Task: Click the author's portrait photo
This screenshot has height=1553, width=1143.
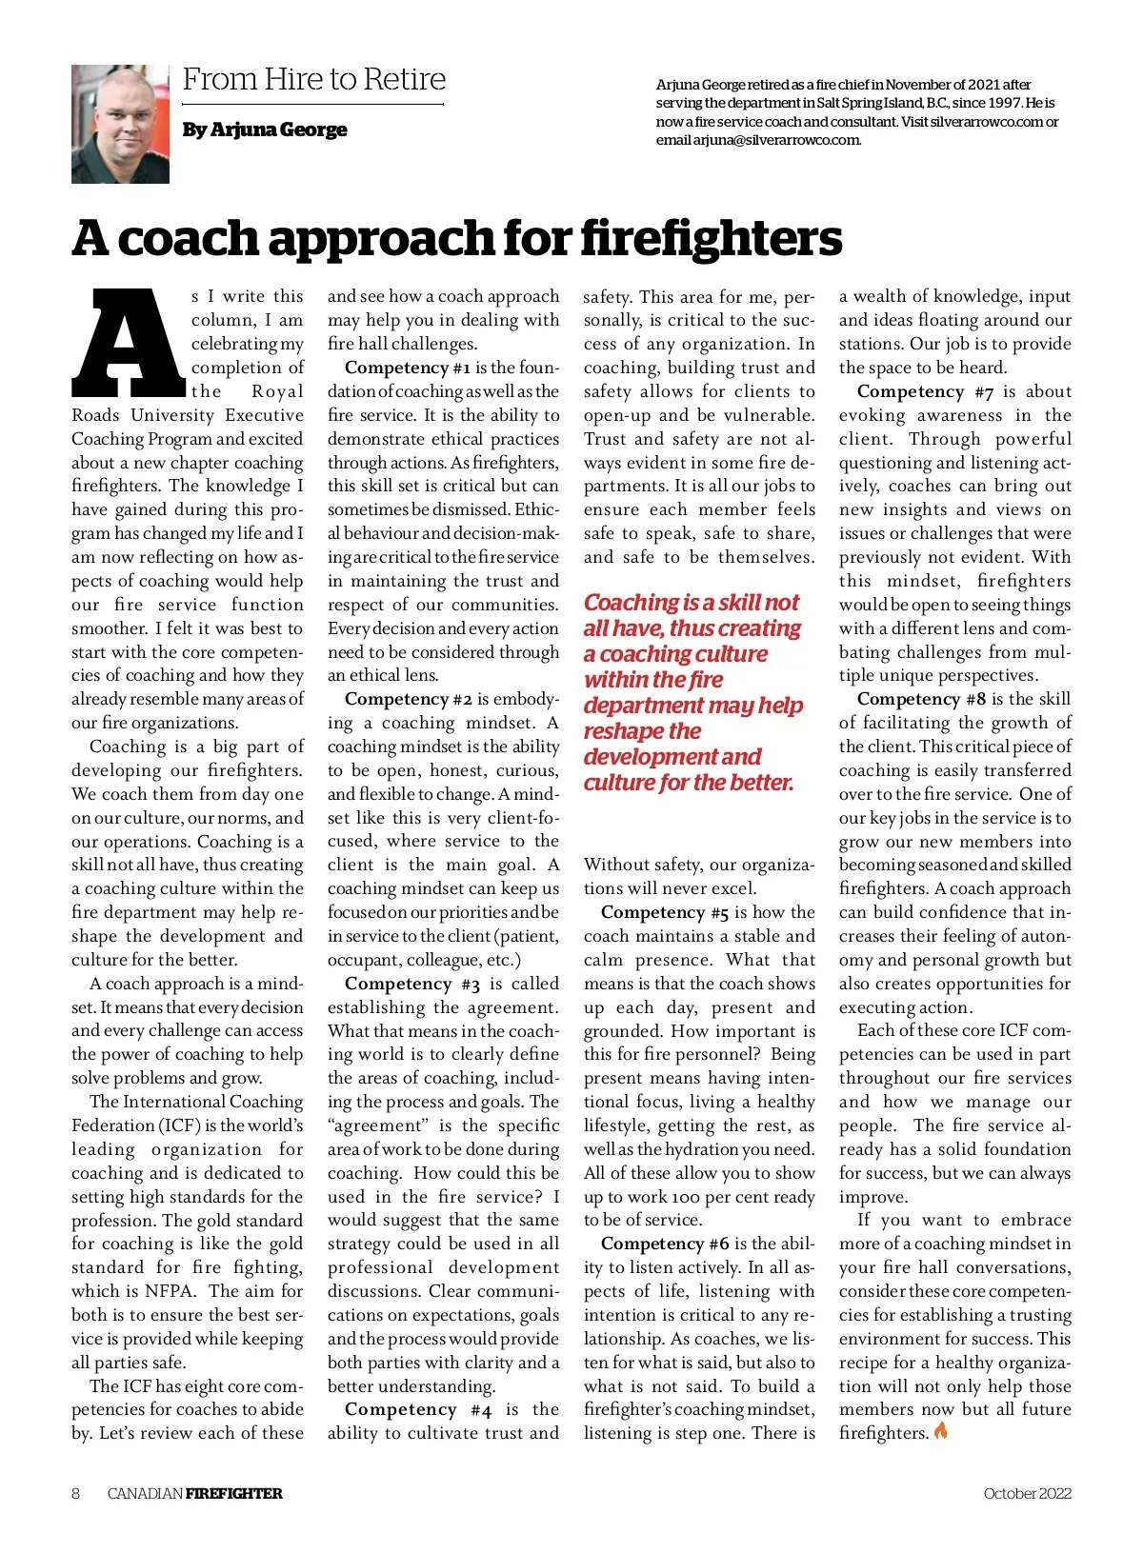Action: (x=120, y=124)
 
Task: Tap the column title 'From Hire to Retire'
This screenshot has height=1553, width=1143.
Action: (x=313, y=80)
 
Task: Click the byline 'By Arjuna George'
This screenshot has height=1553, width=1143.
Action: (x=265, y=129)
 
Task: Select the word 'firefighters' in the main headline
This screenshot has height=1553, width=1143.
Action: (x=711, y=238)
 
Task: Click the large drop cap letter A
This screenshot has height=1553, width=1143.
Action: (x=128, y=343)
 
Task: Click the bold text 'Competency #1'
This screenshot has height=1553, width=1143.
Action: (x=408, y=368)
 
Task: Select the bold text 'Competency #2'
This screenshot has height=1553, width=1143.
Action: (x=409, y=699)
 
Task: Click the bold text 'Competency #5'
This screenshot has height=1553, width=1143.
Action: (x=665, y=912)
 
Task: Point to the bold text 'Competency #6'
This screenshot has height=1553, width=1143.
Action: (x=665, y=1244)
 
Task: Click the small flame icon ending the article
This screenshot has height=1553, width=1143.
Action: (x=941, y=1431)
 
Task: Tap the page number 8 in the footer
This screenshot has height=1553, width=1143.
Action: (x=76, y=1493)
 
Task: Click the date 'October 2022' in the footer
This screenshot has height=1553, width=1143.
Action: (x=1027, y=1493)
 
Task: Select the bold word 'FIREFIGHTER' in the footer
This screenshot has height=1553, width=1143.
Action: (x=233, y=1493)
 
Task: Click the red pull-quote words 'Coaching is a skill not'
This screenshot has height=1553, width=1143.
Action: (x=691, y=603)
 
